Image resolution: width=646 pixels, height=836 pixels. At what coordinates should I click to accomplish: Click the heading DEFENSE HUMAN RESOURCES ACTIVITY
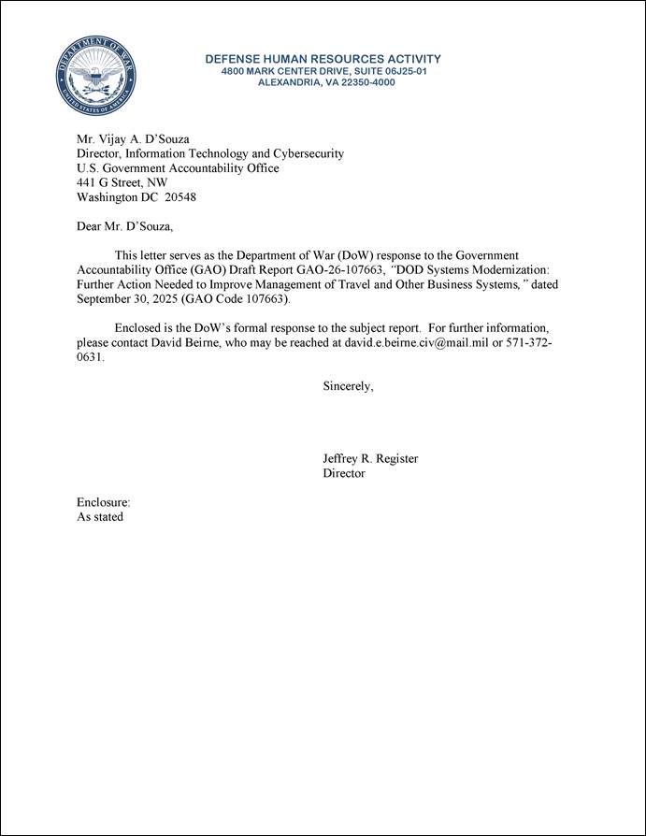[x=323, y=59]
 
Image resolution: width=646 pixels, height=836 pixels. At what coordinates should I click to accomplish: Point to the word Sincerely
[x=348, y=386]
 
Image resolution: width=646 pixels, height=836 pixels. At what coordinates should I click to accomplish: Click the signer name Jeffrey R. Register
[x=370, y=459]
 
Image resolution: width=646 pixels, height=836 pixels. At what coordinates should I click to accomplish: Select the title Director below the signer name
[x=344, y=474]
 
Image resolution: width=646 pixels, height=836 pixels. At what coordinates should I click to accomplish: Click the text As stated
[x=99, y=517]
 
